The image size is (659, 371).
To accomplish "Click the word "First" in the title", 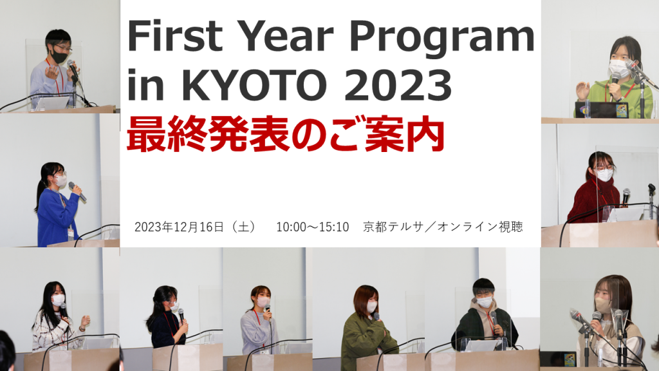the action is point(175,35).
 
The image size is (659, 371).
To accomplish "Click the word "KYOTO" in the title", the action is point(254,86).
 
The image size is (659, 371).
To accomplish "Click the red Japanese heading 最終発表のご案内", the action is point(286,135).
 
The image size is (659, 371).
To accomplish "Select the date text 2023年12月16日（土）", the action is point(196,227).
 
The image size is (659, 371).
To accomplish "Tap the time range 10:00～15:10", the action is point(312,227).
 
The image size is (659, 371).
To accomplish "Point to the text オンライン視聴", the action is point(480,227).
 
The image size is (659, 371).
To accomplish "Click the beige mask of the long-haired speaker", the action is point(602,305).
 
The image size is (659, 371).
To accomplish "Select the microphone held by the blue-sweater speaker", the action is point(77,191).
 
